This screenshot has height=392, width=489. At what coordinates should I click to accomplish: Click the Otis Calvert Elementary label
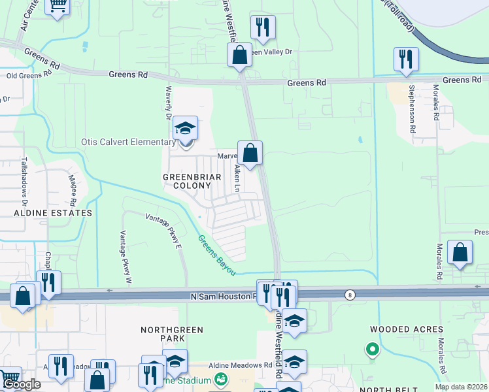[x=127, y=142]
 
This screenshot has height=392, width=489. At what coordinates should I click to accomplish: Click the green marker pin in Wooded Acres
[x=373, y=350]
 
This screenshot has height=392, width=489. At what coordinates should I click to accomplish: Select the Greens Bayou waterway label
[x=215, y=255]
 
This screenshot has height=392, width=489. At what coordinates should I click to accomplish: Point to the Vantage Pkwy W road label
[x=125, y=257]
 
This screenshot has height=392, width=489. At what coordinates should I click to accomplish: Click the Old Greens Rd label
[x=29, y=75]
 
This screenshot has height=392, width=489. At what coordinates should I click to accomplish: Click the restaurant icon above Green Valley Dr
[x=263, y=27]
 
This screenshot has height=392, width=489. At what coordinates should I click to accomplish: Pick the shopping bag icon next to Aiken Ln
[x=250, y=154]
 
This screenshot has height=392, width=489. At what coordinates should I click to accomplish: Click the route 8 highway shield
[x=350, y=295]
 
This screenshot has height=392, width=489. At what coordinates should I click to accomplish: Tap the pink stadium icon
[x=221, y=379]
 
